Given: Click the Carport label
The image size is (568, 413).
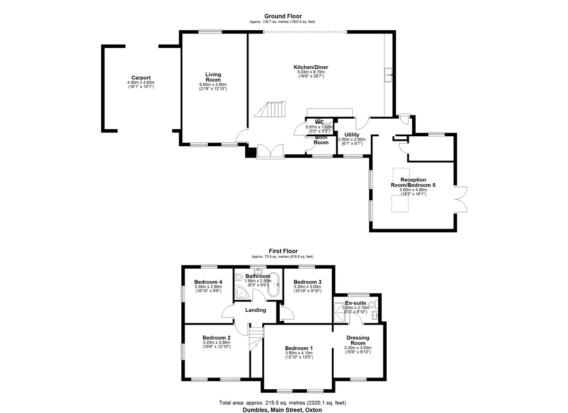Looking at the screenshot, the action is click(x=141, y=78).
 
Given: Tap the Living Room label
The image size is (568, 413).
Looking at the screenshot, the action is click(x=213, y=77).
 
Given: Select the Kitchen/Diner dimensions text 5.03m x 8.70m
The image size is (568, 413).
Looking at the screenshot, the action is click(x=311, y=72).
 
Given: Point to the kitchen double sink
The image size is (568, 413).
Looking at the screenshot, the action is click(x=388, y=75).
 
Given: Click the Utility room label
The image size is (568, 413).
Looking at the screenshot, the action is click(x=352, y=134).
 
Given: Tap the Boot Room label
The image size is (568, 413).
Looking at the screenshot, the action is click(x=321, y=140).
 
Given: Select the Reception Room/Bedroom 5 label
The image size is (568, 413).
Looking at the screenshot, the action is click(x=413, y=183).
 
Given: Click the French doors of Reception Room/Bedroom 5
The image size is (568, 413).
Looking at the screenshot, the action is click(x=461, y=200).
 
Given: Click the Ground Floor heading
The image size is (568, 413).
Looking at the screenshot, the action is click(x=283, y=17).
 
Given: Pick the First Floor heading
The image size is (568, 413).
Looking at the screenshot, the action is click(x=283, y=251).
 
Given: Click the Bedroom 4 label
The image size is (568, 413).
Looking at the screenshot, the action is click(x=208, y=282).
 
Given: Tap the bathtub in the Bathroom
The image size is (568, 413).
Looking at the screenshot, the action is click(x=274, y=284).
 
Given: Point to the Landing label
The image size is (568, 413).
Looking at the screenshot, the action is click(x=256, y=310).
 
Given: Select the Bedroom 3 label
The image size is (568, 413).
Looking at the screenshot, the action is click(x=308, y=282).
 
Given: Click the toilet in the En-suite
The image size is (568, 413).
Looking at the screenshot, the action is click(x=373, y=304).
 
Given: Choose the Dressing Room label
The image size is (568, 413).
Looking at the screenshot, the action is click(x=358, y=340).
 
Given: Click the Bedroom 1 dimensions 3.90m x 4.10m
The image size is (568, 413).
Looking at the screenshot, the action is click(x=299, y=353).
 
